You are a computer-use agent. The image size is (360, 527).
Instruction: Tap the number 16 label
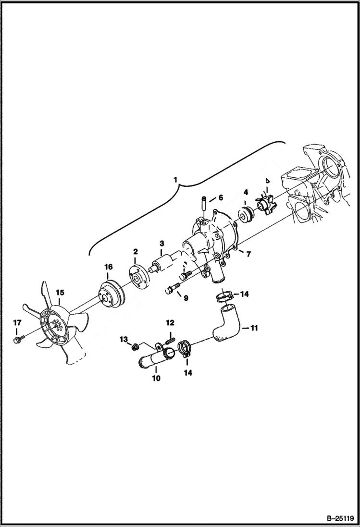[108, 267]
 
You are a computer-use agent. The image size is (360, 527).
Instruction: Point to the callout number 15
[59, 292]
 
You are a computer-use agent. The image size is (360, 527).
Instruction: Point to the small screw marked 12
[169, 339]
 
